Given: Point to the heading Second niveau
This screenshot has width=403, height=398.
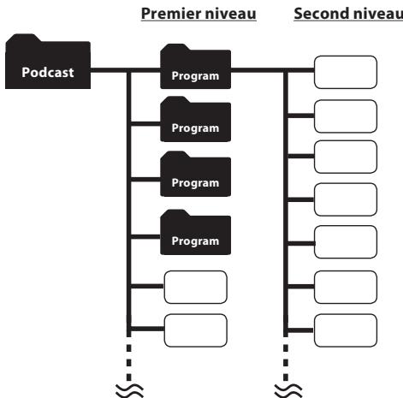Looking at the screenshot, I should coord(347,15).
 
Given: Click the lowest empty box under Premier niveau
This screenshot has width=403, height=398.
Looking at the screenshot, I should coord(195,330).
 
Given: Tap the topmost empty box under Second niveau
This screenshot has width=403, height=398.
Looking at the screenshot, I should coord(345,73).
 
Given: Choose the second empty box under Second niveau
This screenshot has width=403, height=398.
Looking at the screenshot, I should coord(345,116).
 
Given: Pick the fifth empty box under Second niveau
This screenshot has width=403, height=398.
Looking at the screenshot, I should coord(345,241).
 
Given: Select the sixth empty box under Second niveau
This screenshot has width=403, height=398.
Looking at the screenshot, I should coord(345,285).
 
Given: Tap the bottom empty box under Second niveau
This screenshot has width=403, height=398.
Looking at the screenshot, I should coord(345,329).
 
